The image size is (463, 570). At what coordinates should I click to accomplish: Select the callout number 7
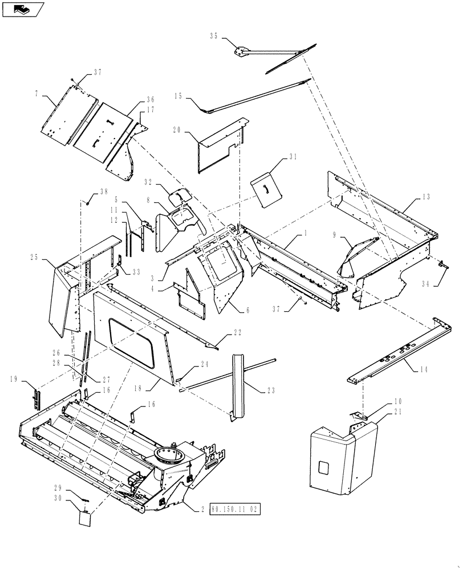[37, 92]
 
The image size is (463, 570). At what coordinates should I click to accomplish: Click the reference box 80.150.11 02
[235, 507]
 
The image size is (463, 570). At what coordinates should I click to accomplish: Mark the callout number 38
[104, 192]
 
